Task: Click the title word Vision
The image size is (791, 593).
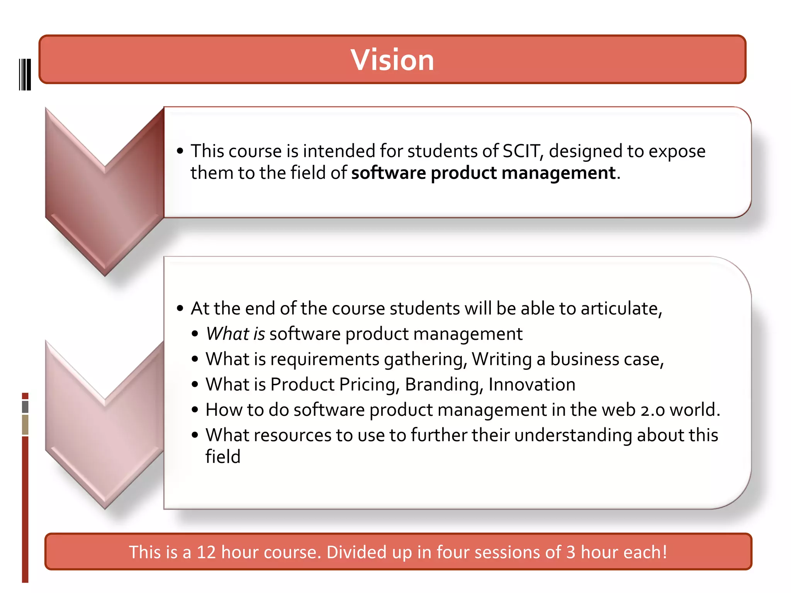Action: point(392,60)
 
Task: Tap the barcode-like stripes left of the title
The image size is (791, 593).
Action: point(25,75)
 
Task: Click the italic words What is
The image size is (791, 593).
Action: point(235,334)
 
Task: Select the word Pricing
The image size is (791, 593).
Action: point(369,385)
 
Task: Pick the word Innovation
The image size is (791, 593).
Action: point(532,385)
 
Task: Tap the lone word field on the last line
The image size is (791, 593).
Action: point(223,457)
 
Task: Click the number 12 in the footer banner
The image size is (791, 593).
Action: point(206,552)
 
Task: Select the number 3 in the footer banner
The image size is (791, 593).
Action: point(571,552)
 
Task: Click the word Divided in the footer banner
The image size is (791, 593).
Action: point(356,552)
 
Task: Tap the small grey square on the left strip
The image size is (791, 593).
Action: point(25,407)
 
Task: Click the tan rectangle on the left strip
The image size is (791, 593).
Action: point(25,425)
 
